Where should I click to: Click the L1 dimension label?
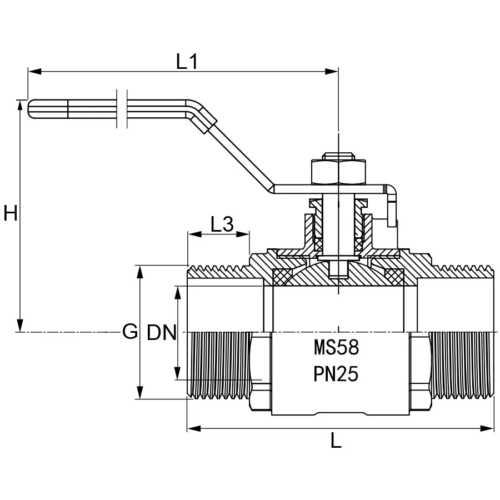[x=187, y=62]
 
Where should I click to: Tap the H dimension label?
[x=11, y=213]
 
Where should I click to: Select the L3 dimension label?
[x=222, y=224]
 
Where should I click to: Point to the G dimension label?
[x=129, y=332]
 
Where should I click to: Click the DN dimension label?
[x=162, y=333]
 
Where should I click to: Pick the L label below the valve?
[x=336, y=441]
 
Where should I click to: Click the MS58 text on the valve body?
[x=337, y=348]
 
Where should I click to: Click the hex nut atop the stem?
[x=339, y=172]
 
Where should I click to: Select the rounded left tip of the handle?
[x=31, y=109]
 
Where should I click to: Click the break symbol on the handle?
[x=123, y=108]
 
